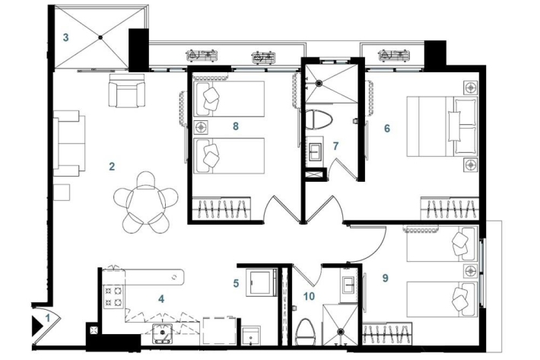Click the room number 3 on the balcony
point(65,37)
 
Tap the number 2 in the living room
point(112,167)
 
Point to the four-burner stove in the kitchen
point(113,296)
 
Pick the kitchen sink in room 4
point(162,333)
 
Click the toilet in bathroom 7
point(319,119)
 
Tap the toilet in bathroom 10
point(306,332)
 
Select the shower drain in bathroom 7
point(319,83)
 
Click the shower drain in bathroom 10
point(341,331)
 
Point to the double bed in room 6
point(443,126)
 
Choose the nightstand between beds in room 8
point(201,127)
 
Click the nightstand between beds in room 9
point(471,271)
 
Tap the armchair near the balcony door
point(127,91)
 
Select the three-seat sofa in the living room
point(69,143)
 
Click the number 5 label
point(236,284)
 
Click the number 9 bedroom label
point(386,278)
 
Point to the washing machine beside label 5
point(262,282)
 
